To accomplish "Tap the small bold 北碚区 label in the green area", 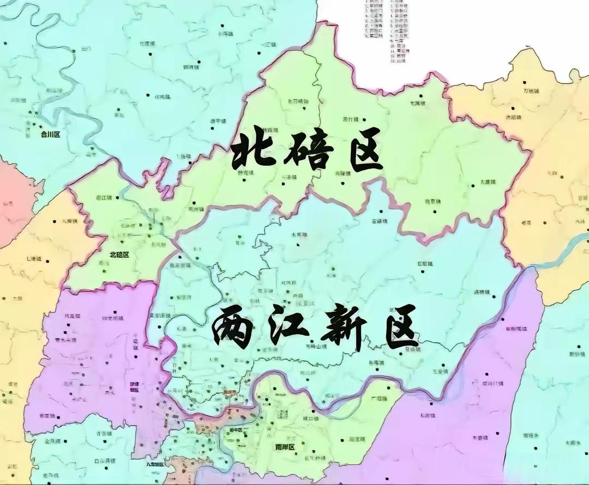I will pos(119,254).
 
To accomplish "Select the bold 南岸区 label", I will pos(284,447).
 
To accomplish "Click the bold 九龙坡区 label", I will pos(154,465).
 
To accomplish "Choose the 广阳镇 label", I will pos(378,399).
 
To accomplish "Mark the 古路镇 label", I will pos(380,222).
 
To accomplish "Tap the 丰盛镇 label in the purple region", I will pos(480,438).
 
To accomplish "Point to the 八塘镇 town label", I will pos(70,221).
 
